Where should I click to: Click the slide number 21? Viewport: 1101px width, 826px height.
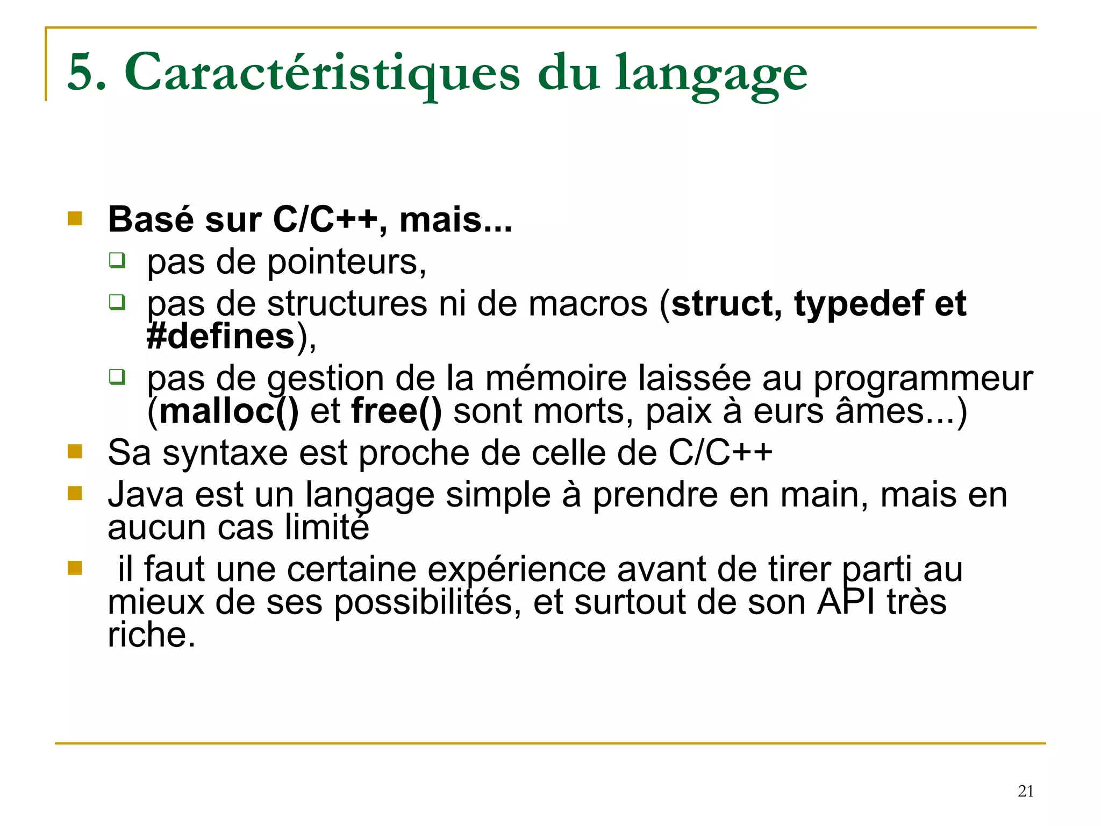click(1025, 791)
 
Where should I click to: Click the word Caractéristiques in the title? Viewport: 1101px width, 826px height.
click(322, 73)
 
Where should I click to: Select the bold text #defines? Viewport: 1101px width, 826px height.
click(221, 337)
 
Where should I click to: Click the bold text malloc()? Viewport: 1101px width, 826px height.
click(229, 412)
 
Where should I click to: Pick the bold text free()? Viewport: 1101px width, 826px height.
click(396, 412)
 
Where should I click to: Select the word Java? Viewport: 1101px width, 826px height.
click(146, 495)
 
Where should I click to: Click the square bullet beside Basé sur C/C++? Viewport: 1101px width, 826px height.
click(75, 218)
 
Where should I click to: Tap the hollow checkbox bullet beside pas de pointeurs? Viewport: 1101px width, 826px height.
click(117, 261)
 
